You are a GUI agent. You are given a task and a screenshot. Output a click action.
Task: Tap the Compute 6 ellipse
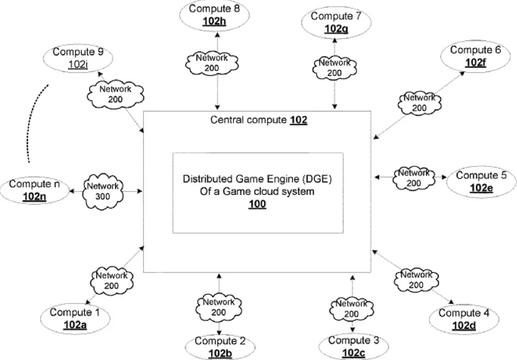click(x=475, y=56)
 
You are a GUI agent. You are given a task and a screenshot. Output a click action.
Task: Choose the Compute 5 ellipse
click(x=481, y=181)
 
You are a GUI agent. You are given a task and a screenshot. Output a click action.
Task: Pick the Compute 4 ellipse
click(x=463, y=319)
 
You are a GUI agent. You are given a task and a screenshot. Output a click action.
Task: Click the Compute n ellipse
click(x=34, y=189)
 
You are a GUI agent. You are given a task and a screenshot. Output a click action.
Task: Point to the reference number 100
click(x=258, y=204)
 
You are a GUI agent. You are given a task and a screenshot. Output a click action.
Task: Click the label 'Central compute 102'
click(x=258, y=119)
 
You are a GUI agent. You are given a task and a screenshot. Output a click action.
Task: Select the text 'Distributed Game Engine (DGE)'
click(x=258, y=180)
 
